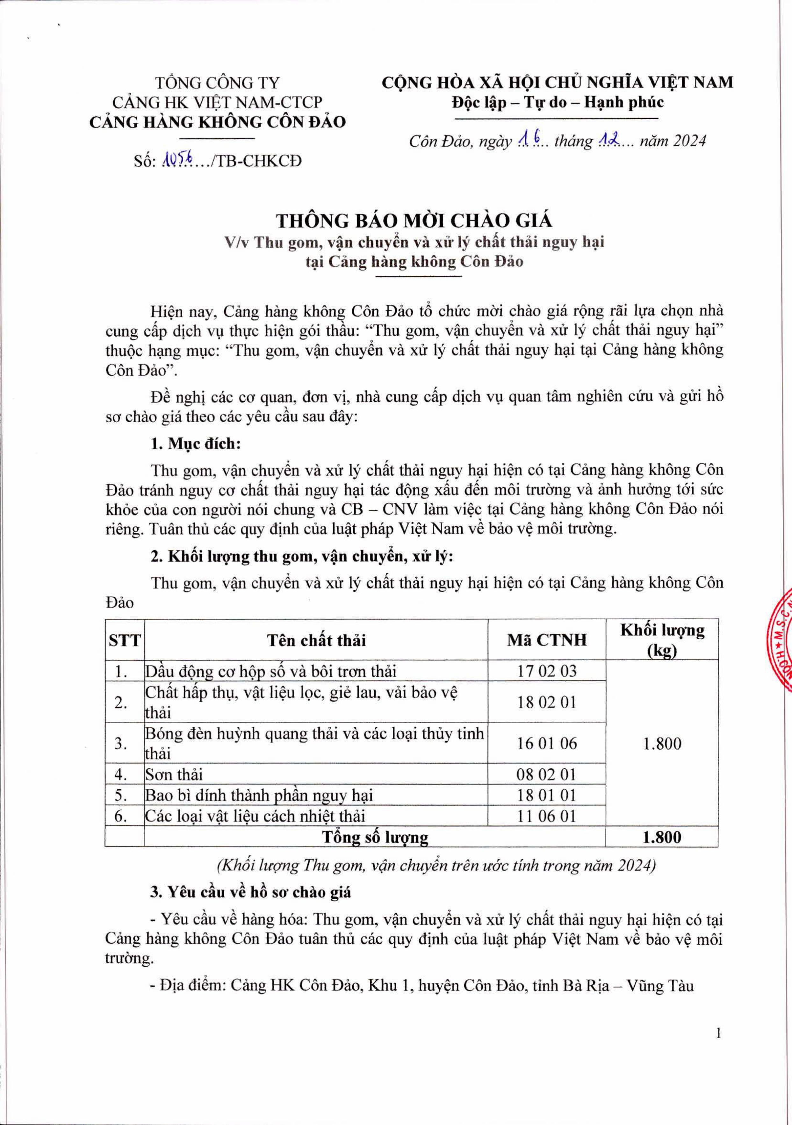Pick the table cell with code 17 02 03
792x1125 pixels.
click(x=547, y=671)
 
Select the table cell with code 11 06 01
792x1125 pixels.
click(x=547, y=816)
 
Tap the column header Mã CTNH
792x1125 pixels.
click(x=547, y=640)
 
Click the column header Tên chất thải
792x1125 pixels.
click(x=316, y=640)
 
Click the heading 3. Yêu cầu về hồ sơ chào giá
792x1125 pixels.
click(x=251, y=892)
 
